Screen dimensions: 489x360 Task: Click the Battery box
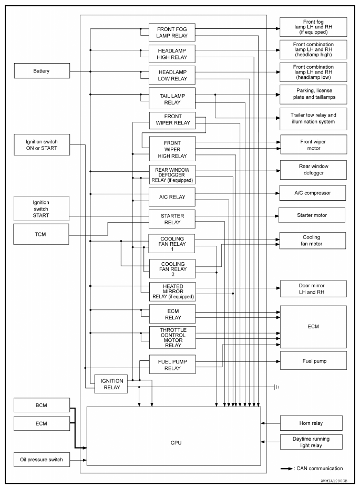click(x=42, y=71)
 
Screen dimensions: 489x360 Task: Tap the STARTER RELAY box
click(x=172, y=219)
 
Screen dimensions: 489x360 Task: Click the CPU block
click(x=173, y=443)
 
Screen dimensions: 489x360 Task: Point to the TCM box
click(x=42, y=234)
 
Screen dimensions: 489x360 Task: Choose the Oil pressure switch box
click(x=42, y=460)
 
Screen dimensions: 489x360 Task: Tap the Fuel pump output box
click(x=313, y=361)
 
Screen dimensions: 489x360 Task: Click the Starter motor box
click(x=312, y=215)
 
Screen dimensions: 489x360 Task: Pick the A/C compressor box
click(x=313, y=193)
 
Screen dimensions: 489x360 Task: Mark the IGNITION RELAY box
click(x=111, y=384)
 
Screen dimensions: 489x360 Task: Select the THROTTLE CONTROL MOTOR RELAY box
click(x=172, y=337)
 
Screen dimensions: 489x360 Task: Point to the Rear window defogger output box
click(x=313, y=169)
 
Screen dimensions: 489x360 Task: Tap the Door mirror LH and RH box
click(x=313, y=288)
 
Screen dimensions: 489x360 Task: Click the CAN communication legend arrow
click(x=286, y=469)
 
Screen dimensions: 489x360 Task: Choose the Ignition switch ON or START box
click(x=42, y=145)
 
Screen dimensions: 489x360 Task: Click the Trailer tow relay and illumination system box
click(x=313, y=118)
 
